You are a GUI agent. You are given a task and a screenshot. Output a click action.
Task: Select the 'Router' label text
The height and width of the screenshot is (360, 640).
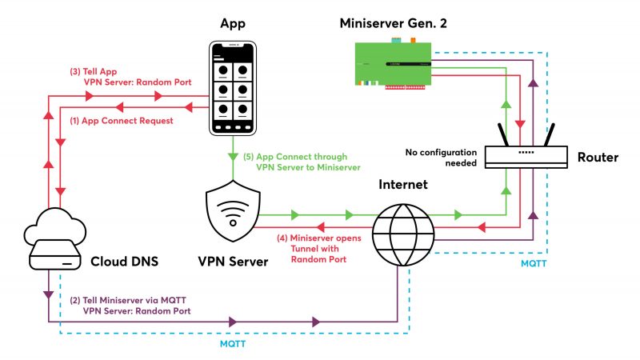(597, 157)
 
